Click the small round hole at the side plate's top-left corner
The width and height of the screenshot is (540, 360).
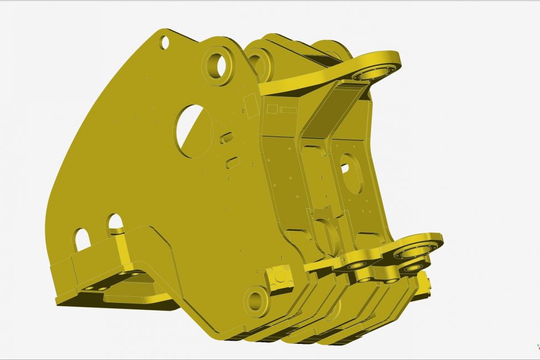[164, 42]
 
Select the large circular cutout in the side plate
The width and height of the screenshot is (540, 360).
[193, 131]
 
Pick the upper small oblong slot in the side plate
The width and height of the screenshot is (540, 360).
[226, 137]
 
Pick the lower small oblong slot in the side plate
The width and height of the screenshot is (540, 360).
[233, 162]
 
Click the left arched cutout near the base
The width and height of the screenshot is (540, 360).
[82, 239]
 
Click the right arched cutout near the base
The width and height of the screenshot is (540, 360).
[115, 222]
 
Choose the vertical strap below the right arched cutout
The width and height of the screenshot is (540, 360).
[122, 249]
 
